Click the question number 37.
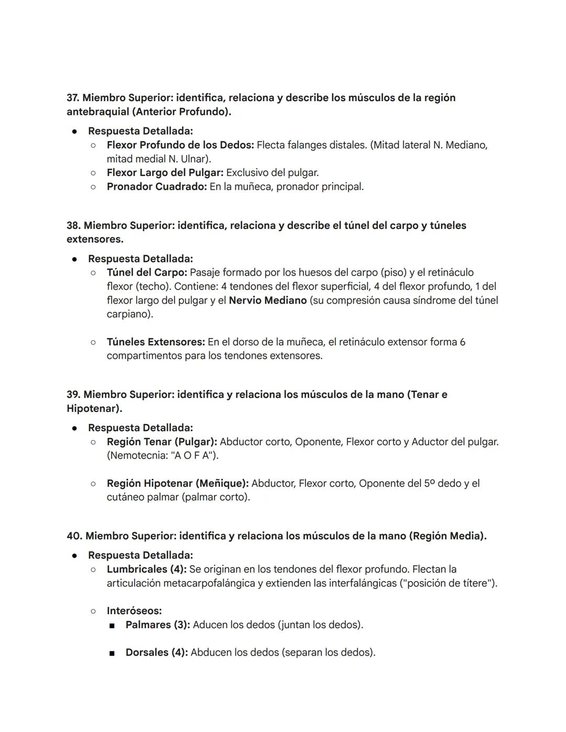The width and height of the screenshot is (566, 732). [x=73, y=98]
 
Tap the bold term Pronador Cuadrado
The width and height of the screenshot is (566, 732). [x=157, y=187]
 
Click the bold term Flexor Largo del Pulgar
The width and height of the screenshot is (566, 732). [x=165, y=173]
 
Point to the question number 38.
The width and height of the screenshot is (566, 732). [x=74, y=226]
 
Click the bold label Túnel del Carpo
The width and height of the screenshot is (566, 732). [x=146, y=273]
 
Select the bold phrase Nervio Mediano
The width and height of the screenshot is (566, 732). [x=267, y=301]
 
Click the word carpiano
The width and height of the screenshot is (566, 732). [x=128, y=314]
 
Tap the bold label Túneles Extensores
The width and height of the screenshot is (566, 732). [x=156, y=342]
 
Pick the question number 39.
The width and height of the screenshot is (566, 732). [x=73, y=395]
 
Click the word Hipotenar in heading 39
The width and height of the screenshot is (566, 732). [x=93, y=409]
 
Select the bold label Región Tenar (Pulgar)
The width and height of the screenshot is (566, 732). [x=162, y=442]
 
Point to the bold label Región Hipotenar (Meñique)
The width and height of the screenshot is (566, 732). [x=178, y=484]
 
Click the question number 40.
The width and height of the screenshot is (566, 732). [x=74, y=536]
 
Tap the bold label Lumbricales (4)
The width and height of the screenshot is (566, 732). [x=146, y=570]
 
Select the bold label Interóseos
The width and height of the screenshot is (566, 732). [x=134, y=611]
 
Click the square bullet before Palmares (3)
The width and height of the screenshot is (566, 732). [x=112, y=626]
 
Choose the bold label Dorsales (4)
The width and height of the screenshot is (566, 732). [x=156, y=653]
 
